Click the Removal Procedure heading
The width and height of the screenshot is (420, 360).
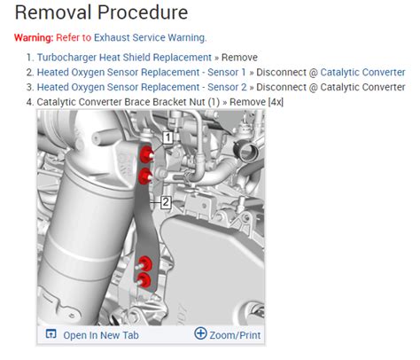(101, 12)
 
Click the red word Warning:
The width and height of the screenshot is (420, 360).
(34, 37)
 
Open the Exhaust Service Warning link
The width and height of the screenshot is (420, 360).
(150, 37)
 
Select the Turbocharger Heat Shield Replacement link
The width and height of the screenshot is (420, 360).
(124, 57)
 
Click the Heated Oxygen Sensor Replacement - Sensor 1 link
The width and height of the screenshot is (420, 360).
(141, 72)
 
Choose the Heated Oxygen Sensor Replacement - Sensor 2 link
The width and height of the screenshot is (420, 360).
(142, 87)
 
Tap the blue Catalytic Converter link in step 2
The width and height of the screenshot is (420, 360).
(362, 72)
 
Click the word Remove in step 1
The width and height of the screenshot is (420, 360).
(239, 57)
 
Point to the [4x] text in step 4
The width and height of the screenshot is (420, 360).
(276, 102)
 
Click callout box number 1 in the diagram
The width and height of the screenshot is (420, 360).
(167, 137)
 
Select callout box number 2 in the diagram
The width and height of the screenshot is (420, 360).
(166, 202)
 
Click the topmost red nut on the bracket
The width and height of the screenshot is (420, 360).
(145, 153)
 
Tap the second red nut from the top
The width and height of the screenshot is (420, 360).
(145, 176)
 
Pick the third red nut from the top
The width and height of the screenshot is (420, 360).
(144, 264)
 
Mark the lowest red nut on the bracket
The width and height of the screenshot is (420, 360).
(144, 280)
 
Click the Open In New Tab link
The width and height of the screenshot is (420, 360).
(101, 335)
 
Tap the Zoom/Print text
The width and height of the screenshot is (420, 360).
(235, 335)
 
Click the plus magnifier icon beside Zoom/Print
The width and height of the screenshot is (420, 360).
(200, 333)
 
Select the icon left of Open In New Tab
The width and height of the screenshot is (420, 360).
(51, 334)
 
